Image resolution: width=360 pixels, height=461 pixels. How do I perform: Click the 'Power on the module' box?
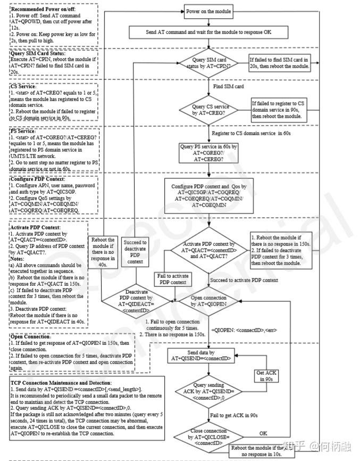[x=208, y=11]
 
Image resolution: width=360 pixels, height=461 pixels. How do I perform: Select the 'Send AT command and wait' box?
[x=208, y=32]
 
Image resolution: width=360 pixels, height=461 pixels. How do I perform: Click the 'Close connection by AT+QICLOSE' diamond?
[x=208, y=435]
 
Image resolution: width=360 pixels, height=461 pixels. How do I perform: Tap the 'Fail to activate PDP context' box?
[x=172, y=279]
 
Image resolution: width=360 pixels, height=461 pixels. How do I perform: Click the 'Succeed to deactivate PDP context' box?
[x=135, y=252]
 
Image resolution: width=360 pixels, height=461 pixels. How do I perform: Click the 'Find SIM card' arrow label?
[x=228, y=86]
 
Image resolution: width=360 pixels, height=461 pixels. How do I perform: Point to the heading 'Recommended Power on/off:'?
[x=39, y=10]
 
